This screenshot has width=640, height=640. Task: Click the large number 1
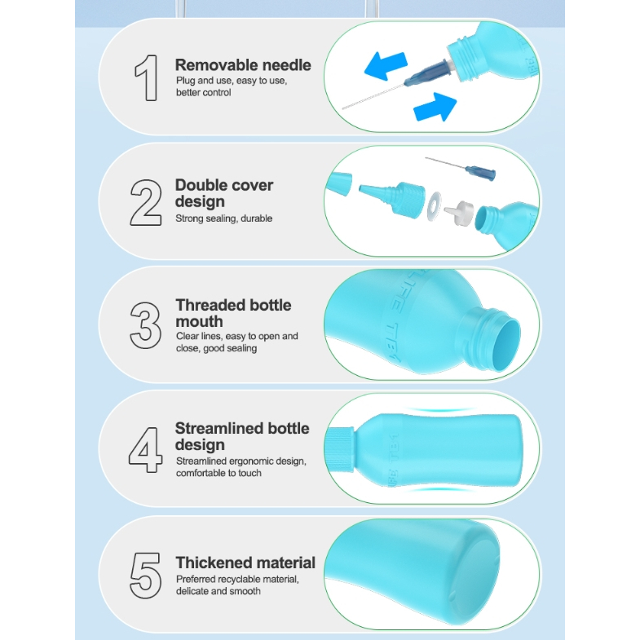(x=147, y=77)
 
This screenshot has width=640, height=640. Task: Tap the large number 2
(x=146, y=202)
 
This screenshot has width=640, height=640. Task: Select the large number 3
(x=145, y=325)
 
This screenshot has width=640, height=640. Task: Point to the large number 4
(x=145, y=449)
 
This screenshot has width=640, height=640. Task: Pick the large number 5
(x=145, y=576)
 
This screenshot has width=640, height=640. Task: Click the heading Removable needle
(x=243, y=65)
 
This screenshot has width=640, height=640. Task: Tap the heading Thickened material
(x=245, y=563)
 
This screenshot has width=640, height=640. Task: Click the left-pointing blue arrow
(x=386, y=66)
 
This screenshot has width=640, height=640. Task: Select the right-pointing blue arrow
(x=435, y=107)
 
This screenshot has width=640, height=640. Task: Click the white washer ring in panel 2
(x=434, y=206)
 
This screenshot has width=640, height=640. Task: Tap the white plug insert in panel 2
(x=459, y=213)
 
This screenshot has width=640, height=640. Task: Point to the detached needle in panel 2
(x=461, y=168)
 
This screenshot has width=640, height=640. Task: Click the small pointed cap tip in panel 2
(x=339, y=183)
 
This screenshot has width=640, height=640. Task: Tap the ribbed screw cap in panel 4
(x=340, y=450)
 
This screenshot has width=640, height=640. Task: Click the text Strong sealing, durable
(x=223, y=218)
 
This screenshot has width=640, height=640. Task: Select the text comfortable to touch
(x=218, y=473)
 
